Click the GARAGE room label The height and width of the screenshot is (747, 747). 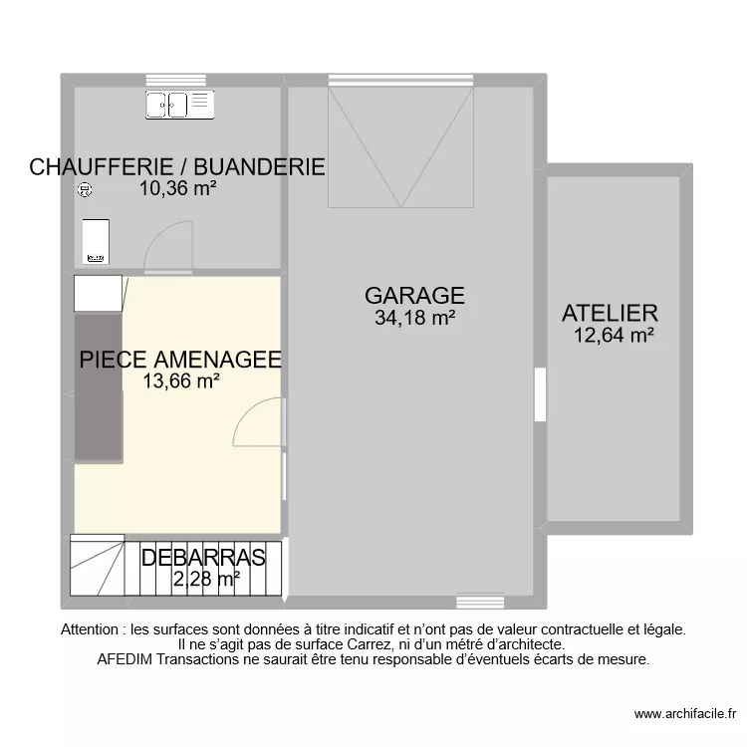[x=414, y=295]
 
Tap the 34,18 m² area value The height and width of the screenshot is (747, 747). [x=414, y=319]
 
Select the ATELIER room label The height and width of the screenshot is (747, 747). [x=610, y=313]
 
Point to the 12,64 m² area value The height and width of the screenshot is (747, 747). [x=614, y=336]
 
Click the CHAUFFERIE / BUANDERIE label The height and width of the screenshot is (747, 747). [x=177, y=166]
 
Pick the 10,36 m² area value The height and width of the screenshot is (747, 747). [x=178, y=187]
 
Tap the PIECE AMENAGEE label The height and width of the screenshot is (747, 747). [x=180, y=359]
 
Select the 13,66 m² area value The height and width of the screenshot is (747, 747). [x=180, y=380]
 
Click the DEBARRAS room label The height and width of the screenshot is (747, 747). [x=203, y=557]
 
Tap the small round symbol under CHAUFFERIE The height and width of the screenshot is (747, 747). [x=85, y=189]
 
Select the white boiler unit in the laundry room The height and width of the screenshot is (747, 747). [x=97, y=242]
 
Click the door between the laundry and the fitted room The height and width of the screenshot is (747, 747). [x=167, y=248]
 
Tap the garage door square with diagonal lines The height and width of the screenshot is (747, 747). [x=400, y=146]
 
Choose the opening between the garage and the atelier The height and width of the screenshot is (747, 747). [x=540, y=394]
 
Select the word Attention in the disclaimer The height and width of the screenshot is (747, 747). [x=93, y=629]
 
